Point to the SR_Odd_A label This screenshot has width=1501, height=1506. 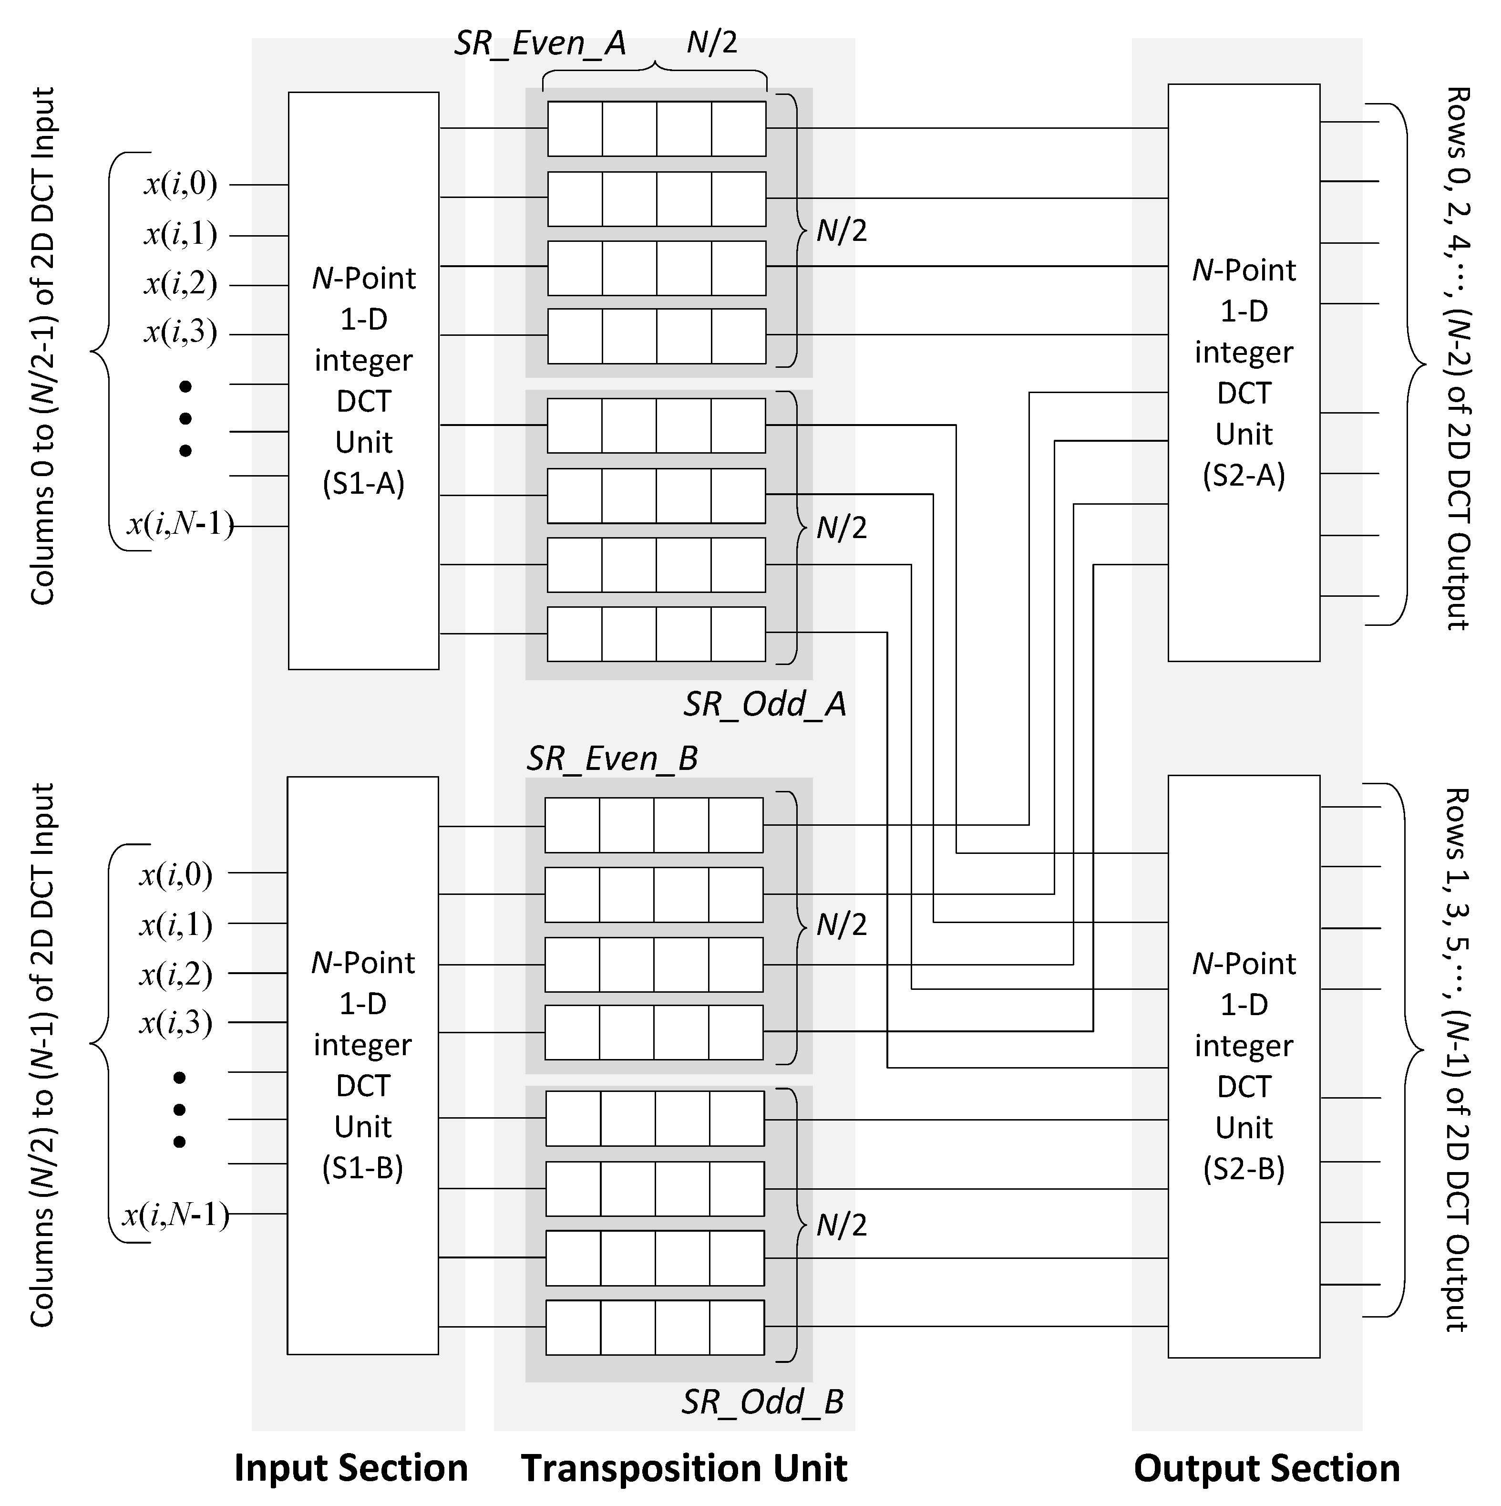pos(764,705)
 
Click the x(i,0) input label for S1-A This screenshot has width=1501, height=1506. pos(181,185)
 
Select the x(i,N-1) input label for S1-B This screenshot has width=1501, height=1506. pos(176,1215)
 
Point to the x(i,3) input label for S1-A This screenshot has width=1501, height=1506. pos(181,333)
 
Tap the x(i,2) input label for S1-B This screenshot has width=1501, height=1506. pos(176,975)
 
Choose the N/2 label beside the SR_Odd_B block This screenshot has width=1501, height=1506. pos(842,1226)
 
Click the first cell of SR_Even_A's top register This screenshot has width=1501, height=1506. pos(575,129)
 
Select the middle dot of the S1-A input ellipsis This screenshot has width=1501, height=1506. pos(185,418)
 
